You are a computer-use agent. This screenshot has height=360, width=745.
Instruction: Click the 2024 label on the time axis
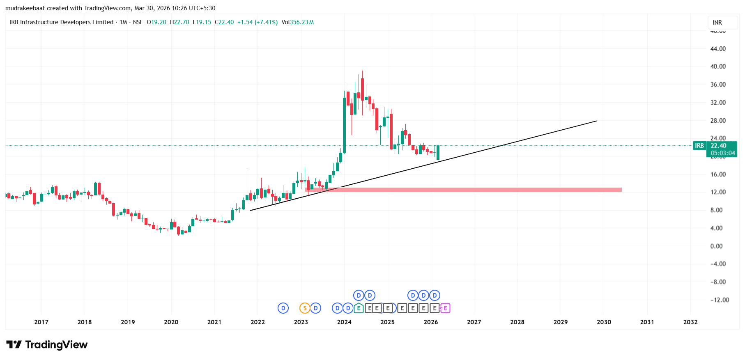[x=344, y=322]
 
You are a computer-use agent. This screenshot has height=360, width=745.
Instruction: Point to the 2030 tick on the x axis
[x=604, y=322]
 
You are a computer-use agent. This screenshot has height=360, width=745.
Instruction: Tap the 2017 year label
[x=41, y=322]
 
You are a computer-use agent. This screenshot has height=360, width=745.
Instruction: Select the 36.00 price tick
[x=718, y=85]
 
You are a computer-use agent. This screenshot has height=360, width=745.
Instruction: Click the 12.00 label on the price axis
[x=718, y=192]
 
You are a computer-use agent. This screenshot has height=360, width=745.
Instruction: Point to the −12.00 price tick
[x=720, y=300]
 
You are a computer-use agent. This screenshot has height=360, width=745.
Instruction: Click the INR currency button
[x=717, y=23]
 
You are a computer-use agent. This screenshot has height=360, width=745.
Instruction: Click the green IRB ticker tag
[x=699, y=146]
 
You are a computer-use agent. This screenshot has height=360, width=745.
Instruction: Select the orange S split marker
[x=305, y=308]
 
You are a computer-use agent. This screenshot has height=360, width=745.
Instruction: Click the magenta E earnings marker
[x=445, y=308]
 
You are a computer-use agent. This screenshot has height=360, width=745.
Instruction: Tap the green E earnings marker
[x=359, y=308]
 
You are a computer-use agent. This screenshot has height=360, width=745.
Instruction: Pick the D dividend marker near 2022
[x=283, y=308]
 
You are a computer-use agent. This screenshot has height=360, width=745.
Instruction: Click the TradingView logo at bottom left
[x=47, y=345]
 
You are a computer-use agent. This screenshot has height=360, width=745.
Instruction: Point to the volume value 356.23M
[x=302, y=22]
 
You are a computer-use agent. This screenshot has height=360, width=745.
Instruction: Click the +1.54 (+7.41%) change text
[x=258, y=22]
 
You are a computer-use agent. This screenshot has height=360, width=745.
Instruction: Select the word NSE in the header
[x=138, y=22]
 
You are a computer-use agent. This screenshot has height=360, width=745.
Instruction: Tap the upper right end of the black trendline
[x=596, y=121]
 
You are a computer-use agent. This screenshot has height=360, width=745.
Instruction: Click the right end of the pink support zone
[x=621, y=190]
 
